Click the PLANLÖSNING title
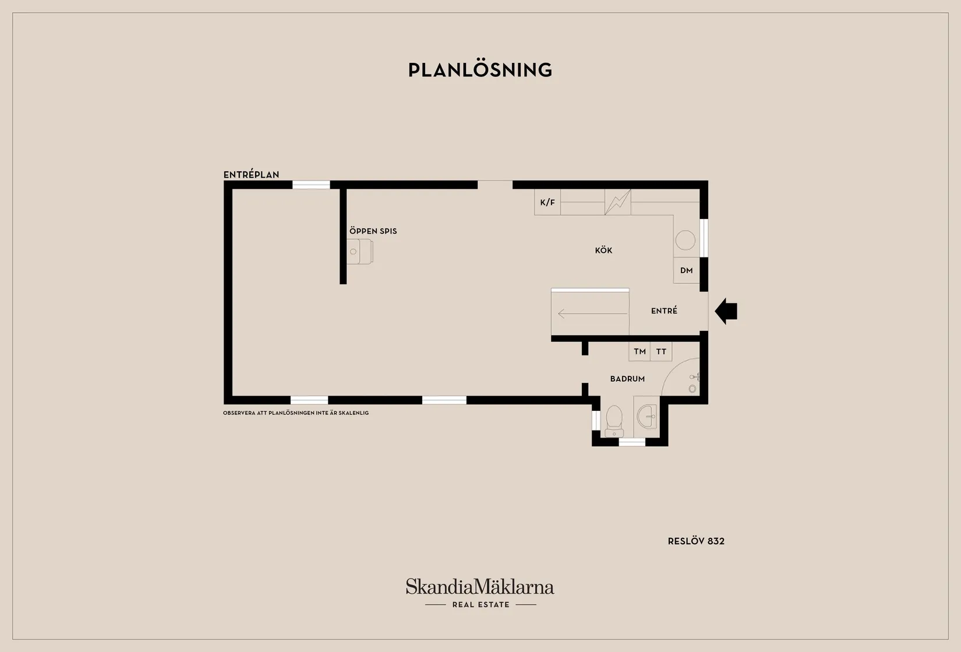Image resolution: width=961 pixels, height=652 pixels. pos(480,70)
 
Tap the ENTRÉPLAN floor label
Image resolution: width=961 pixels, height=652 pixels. pos(252,175)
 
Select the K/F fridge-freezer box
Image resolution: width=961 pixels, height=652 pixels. pos(547,202)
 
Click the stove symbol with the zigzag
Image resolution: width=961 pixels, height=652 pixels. pos(618,202)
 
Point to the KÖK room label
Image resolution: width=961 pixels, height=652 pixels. pos(603,250)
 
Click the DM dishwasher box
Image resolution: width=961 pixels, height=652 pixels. pos(687,270)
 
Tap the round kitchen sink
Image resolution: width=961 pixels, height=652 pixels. pos(685,240)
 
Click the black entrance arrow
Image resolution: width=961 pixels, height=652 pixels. pos(726,311)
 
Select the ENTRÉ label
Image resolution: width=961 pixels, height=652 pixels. pos(664,311)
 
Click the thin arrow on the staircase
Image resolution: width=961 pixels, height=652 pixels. pos(593,314)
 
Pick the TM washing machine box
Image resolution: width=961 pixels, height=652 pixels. pos(640,351)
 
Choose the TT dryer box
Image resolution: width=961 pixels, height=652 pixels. pos(661,351)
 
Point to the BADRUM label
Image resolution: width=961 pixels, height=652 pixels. pos(627,379)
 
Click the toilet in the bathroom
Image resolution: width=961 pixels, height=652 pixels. pos(614,421)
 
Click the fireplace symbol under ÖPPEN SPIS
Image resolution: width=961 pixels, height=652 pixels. pos(359,252)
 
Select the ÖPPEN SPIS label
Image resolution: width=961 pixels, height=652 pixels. pos(373,231)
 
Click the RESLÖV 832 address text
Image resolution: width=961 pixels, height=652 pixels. pos(696,541)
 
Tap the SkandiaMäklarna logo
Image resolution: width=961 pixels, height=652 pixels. pos(480,593)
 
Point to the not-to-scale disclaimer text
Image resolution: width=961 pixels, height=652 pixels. pos(296,413)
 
